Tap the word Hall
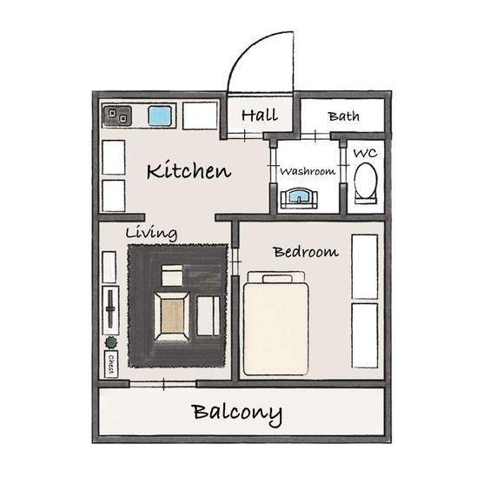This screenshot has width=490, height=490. click(x=260, y=115)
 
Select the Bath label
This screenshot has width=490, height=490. click(x=343, y=116)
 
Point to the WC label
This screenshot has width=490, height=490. click(x=365, y=153)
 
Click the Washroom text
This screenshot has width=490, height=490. click(x=308, y=171)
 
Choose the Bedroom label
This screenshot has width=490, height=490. click(x=306, y=252)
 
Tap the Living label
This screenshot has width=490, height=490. click(x=151, y=233)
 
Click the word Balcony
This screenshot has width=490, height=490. click(x=237, y=414)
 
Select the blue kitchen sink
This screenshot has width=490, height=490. click(x=160, y=116)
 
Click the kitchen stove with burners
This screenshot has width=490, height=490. click(x=117, y=116)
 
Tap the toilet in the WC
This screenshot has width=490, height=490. click(x=365, y=182)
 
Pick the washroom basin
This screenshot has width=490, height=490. click(x=299, y=198)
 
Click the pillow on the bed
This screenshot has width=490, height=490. click(x=277, y=279)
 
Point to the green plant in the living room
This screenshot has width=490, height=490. click(x=111, y=343)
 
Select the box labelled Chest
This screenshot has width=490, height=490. click(x=110, y=364)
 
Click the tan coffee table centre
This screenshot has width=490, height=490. click(x=172, y=316)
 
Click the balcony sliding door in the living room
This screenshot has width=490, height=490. click(x=162, y=384)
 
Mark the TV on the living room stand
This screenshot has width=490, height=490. click(x=110, y=309)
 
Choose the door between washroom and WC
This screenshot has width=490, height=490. click(x=343, y=165)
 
